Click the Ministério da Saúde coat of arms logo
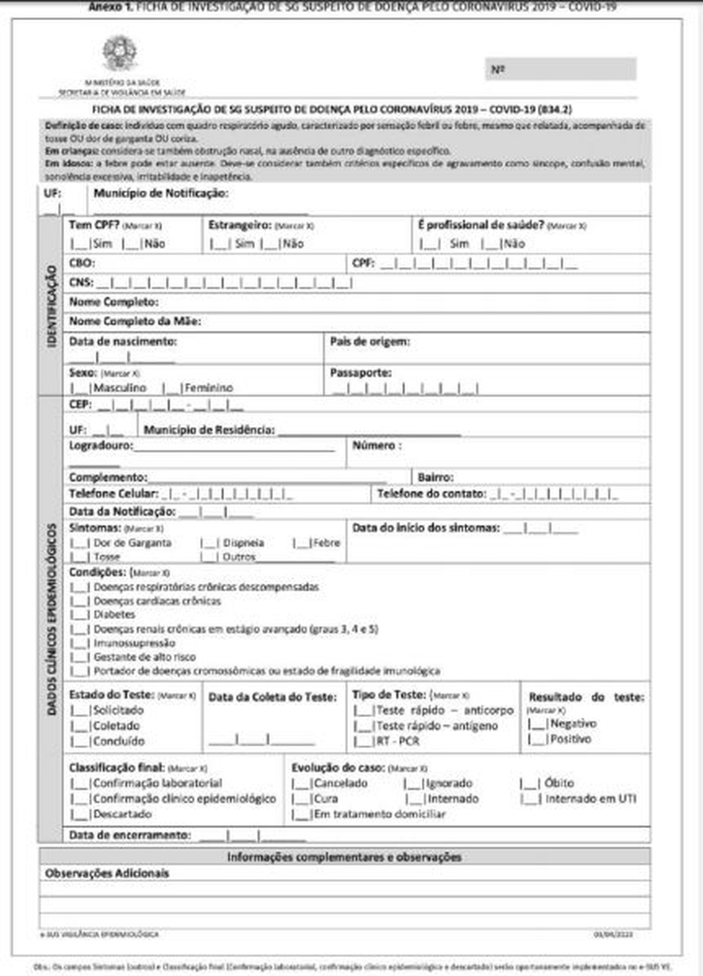(120, 54)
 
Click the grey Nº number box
(561, 69)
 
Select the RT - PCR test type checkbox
(364, 741)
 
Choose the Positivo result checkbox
(538, 739)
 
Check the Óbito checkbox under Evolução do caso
(529, 783)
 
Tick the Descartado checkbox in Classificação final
(80, 814)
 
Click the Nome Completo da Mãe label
(135, 321)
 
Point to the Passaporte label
(361, 373)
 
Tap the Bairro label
(436, 477)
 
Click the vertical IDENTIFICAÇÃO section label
(52, 306)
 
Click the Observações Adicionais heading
(107, 874)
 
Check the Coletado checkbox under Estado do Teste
(80, 726)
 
